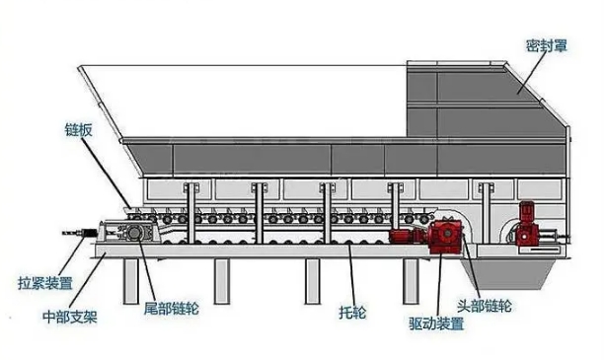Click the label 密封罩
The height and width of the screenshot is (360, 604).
pyautogui.click(x=547, y=46)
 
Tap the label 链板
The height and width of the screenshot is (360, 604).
pyautogui.click(x=79, y=130)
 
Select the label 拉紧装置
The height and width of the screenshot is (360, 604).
pyautogui.click(x=45, y=283)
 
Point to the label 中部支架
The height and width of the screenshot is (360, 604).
pyautogui.click(x=70, y=318)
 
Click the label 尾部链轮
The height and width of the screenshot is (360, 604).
pyautogui.click(x=172, y=309)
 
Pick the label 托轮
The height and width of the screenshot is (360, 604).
pyautogui.click(x=352, y=313)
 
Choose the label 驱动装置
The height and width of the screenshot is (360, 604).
pyautogui.click(x=436, y=324)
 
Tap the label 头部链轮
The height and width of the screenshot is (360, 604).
pyautogui.click(x=485, y=306)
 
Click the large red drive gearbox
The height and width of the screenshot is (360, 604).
pyautogui.click(x=446, y=235)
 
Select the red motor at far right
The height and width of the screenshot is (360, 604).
pyautogui.click(x=525, y=223)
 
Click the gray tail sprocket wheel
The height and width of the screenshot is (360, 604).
pyautogui.click(x=134, y=233)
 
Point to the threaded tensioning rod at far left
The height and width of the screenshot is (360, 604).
pyautogui.click(x=80, y=233)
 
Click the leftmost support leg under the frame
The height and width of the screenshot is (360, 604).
pyautogui.click(x=131, y=281)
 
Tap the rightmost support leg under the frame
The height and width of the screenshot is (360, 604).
pyautogui.click(x=411, y=281)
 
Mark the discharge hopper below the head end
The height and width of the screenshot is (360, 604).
pyautogui.click(x=507, y=273)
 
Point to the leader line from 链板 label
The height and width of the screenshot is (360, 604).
pyautogui.click(x=108, y=174)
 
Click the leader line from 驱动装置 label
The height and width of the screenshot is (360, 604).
pyautogui.click(x=440, y=284)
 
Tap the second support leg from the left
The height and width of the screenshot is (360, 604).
pyautogui.click(x=222, y=281)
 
